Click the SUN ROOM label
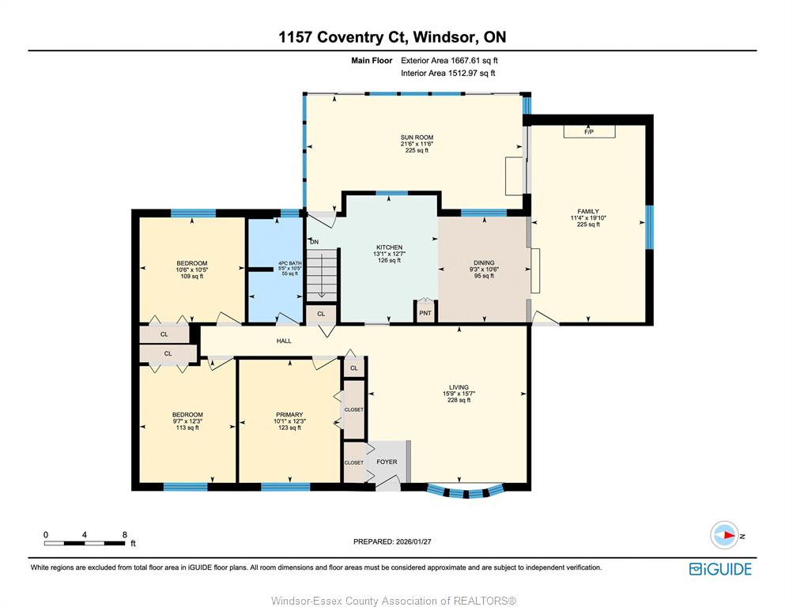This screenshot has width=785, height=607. click(417, 137)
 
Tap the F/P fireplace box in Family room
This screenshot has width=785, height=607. click(589, 131)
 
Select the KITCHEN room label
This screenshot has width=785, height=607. click(389, 247)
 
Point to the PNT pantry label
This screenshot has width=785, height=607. click(425, 313)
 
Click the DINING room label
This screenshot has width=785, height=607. click(484, 262)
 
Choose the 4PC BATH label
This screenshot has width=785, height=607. click(290, 263)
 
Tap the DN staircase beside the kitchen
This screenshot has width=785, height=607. click(322, 276)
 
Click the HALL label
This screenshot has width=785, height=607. click(284, 341)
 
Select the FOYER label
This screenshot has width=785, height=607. click(387, 462)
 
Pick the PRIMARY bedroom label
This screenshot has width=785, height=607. click(289, 414)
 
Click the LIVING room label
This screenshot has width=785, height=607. click(459, 386)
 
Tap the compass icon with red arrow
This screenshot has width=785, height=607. click(724, 535)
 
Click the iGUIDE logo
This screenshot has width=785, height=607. click(720, 569)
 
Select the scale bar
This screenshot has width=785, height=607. click(85, 543)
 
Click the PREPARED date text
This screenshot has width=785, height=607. click(392, 541)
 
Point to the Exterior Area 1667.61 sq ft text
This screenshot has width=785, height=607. click(449, 61)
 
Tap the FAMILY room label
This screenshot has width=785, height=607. click(588, 211)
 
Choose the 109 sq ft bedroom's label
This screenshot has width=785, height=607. click(192, 263)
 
